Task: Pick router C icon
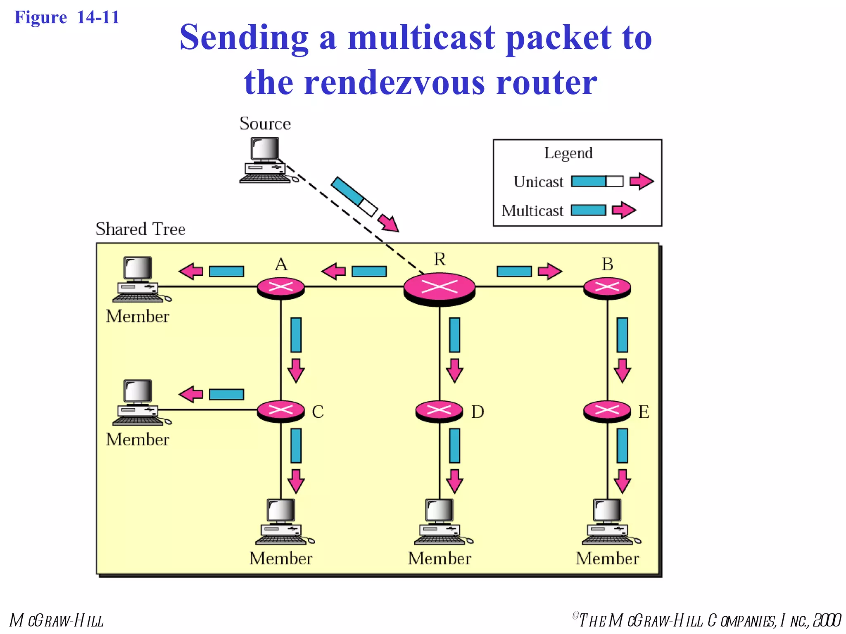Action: [x=281, y=411]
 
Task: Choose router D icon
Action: [x=439, y=411]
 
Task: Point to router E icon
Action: [x=607, y=411]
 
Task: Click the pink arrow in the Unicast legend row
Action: [x=641, y=181]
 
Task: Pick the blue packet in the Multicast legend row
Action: [x=588, y=210]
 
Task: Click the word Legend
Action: [x=568, y=153]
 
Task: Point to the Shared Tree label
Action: [x=140, y=229]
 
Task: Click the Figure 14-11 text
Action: [x=67, y=17]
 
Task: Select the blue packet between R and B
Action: [x=514, y=271]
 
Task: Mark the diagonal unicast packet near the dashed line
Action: [x=354, y=196]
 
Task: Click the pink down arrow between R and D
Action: [x=454, y=370]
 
